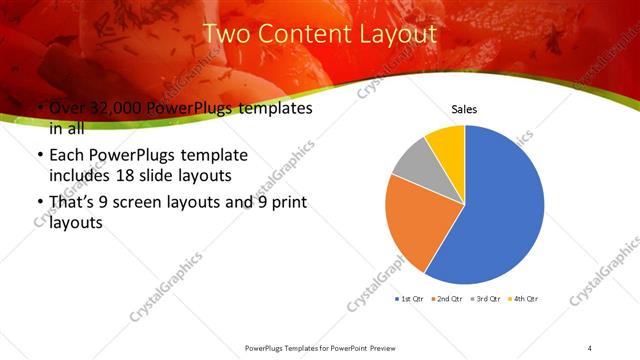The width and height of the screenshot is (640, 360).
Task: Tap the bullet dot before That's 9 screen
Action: [39, 204]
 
